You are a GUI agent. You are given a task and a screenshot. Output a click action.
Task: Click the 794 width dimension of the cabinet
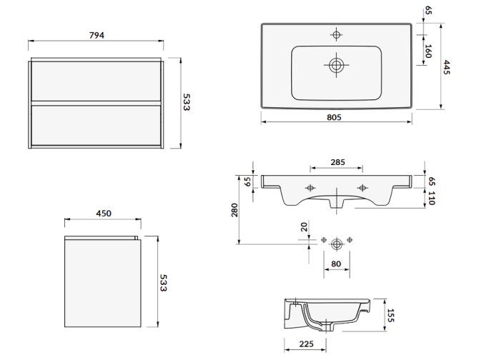pos(96,36)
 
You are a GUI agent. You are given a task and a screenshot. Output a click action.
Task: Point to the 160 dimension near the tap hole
pos(428,51)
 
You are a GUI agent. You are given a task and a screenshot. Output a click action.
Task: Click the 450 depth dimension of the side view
pos(103,213)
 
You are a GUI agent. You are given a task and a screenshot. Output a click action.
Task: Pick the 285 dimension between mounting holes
pos(337,162)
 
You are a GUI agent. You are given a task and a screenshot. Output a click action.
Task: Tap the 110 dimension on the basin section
pos(431,199)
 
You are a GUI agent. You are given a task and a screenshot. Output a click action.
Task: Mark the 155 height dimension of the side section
pos(391,315)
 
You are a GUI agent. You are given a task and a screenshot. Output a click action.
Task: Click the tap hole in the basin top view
pos(336,33)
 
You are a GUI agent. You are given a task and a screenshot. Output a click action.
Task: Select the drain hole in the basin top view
pos(336,64)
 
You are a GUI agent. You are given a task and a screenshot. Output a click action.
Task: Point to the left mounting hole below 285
pos(310,188)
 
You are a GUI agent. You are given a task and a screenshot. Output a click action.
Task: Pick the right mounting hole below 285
pos(362,188)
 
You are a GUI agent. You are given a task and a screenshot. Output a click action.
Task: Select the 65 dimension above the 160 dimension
pos(428,11)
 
